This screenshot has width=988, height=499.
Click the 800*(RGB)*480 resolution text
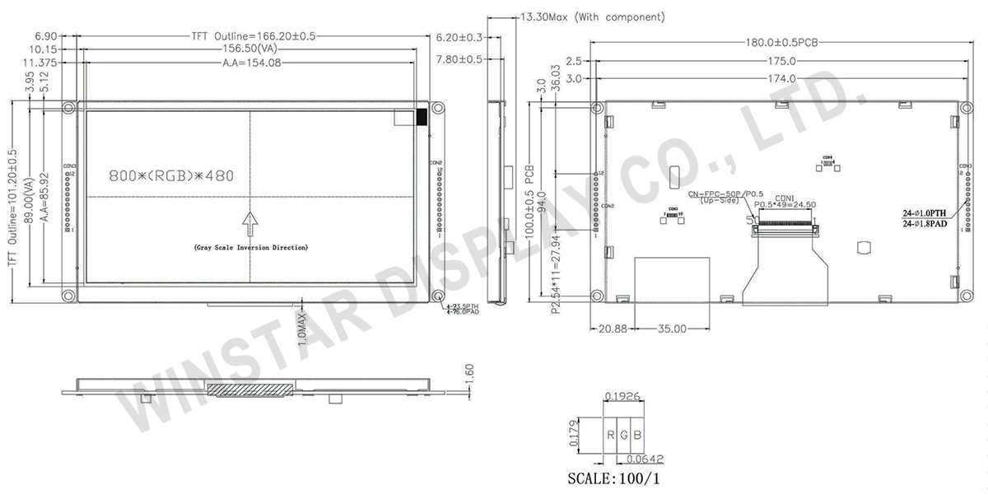(x=171, y=176)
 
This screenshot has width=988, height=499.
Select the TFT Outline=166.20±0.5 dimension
(x=254, y=36)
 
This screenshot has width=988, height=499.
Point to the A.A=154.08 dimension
(x=251, y=63)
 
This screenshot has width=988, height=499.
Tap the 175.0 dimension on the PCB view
(x=781, y=61)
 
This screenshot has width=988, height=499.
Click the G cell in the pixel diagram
(x=624, y=434)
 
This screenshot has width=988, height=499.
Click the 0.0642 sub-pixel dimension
(x=645, y=459)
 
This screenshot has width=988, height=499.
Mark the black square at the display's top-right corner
(x=422, y=117)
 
